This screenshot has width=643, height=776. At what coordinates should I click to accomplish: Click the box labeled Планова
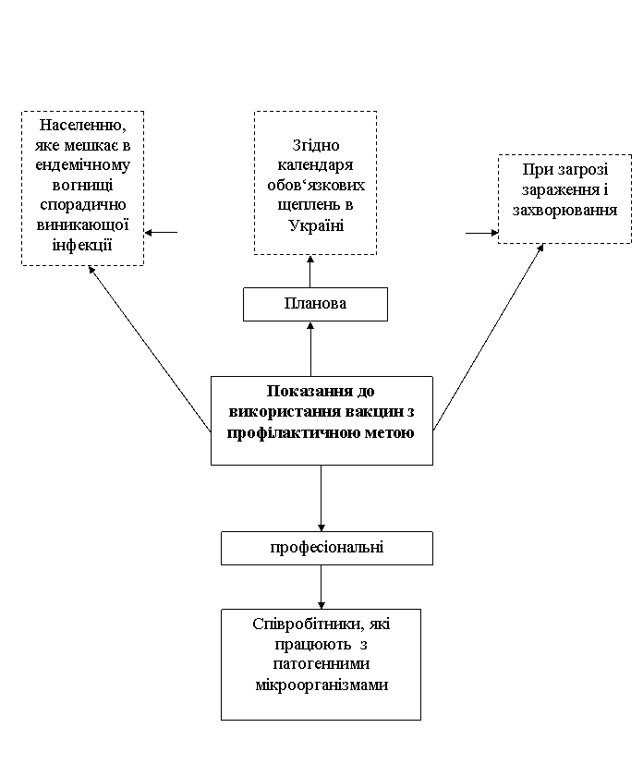pos(315,304)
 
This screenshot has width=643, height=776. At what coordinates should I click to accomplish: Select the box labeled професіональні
pos(327,549)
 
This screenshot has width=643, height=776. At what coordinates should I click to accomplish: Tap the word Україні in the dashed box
pos(316,225)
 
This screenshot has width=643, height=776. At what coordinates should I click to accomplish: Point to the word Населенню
pos(82,126)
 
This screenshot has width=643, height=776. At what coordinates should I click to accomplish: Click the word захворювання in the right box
pos(564,211)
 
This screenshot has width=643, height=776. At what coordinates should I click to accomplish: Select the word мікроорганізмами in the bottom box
pos(321,685)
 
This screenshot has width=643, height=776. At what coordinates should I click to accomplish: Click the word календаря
pos(315,165)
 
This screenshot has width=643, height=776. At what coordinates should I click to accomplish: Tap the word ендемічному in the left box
pos(82,164)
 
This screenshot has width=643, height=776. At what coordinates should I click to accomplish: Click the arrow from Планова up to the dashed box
pos(310,272)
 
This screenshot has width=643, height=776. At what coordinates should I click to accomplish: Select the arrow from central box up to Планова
pos(310,349)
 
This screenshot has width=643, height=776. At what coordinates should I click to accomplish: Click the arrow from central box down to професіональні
pos(321,498)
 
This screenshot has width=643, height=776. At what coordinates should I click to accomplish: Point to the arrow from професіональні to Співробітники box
pos(321,587)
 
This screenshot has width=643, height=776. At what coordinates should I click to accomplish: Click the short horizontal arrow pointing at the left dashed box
pos(161,232)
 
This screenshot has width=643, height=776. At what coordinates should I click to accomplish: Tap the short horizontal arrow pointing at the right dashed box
pos(481,233)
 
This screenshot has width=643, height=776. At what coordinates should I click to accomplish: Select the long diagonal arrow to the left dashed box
pos(150,348)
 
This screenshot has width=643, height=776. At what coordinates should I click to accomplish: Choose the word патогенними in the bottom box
pos(321,664)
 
